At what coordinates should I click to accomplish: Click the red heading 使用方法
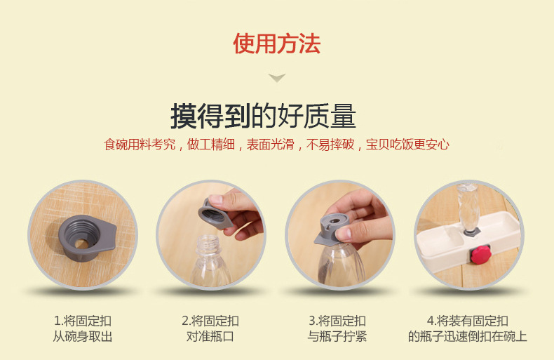(x=276, y=44)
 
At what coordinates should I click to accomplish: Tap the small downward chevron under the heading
(x=276, y=77)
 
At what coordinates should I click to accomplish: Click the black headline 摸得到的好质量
(x=263, y=116)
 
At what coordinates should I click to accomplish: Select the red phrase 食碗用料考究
(x=140, y=145)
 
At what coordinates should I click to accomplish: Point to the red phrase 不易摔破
(x=330, y=145)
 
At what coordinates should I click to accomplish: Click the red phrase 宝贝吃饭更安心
(x=407, y=145)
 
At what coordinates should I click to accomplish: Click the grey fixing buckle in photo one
(x=87, y=237)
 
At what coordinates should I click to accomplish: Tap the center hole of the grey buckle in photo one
(x=81, y=244)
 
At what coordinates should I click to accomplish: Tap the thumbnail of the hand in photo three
(x=343, y=234)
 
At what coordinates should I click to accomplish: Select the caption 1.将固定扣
(x=83, y=321)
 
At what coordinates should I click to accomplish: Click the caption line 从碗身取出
(x=83, y=336)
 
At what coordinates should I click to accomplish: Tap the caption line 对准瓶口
(x=210, y=336)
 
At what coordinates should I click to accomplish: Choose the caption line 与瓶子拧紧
(x=337, y=336)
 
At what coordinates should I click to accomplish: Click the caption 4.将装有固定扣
(x=468, y=321)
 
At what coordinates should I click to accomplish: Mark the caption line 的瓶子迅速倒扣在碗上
(x=468, y=336)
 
